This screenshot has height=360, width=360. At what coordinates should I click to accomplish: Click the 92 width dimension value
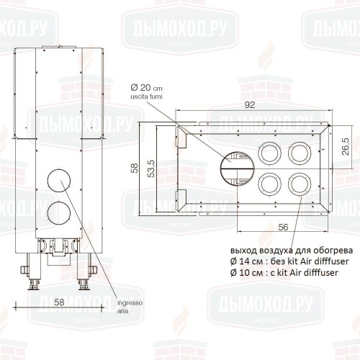(250, 105)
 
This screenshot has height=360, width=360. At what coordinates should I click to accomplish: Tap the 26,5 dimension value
(346, 146)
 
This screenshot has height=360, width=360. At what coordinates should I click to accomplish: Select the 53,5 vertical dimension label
(151, 168)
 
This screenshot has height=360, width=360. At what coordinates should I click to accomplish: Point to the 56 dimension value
(283, 227)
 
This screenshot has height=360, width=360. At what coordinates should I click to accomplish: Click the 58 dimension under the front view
(59, 302)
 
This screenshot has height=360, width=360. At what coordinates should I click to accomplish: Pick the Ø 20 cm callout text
(146, 88)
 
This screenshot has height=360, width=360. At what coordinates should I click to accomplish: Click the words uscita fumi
(146, 96)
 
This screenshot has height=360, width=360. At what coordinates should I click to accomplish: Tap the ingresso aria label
(130, 307)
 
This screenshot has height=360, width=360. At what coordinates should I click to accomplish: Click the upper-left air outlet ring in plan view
(258, 153)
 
